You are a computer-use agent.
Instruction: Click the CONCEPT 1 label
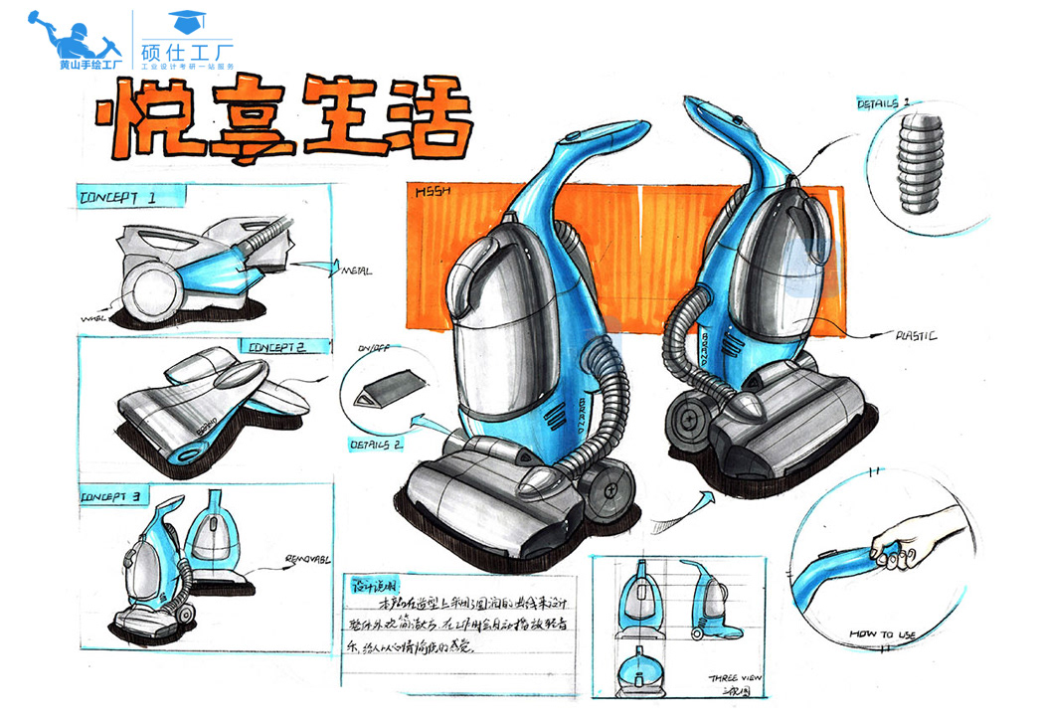click(117, 198)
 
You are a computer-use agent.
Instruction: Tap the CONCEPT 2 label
click(275, 347)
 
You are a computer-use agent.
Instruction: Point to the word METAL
click(356, 271)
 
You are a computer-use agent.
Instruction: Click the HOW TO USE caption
click(882, 632)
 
